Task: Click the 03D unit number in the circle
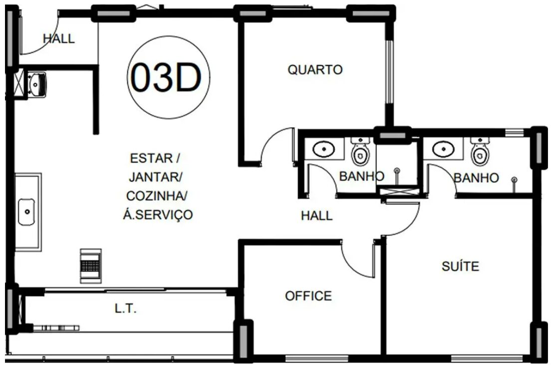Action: tap(166, 77)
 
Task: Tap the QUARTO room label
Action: tap(315, 70)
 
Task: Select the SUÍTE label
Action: tap(460, 266)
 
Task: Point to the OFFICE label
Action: tap(308, 296)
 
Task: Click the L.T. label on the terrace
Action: tap(126, 309)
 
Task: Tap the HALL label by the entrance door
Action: tap(59, 38)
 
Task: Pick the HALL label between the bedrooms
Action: tap(317, 215)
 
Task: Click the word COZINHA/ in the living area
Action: tap(157, 196)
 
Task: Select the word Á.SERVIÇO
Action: tap(158, 214)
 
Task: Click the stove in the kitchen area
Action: tap(91, 266)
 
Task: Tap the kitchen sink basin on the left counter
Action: tap(26, 212)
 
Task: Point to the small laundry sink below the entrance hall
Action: tap(36, 84)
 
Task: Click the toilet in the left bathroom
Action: tap(360, 152)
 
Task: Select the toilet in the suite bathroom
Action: tap(480, 152)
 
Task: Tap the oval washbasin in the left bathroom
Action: tap(324, 149)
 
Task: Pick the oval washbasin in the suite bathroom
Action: tap(443, 149)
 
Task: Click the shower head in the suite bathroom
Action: tap(514, 180)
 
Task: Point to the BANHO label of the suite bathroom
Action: tap(476, 178)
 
